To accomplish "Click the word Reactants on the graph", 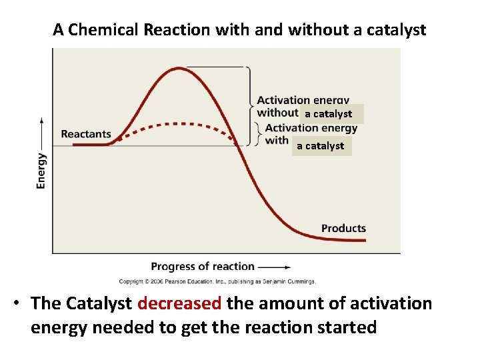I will point(86,134).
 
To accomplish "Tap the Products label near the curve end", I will point(343,229).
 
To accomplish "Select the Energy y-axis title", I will point(42,171).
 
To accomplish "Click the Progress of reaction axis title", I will point(203,267).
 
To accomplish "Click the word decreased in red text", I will point(179,304).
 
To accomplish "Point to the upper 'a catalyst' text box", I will point(329,114).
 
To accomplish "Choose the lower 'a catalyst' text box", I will point(321,146).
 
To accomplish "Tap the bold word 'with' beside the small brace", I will point(277,141).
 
